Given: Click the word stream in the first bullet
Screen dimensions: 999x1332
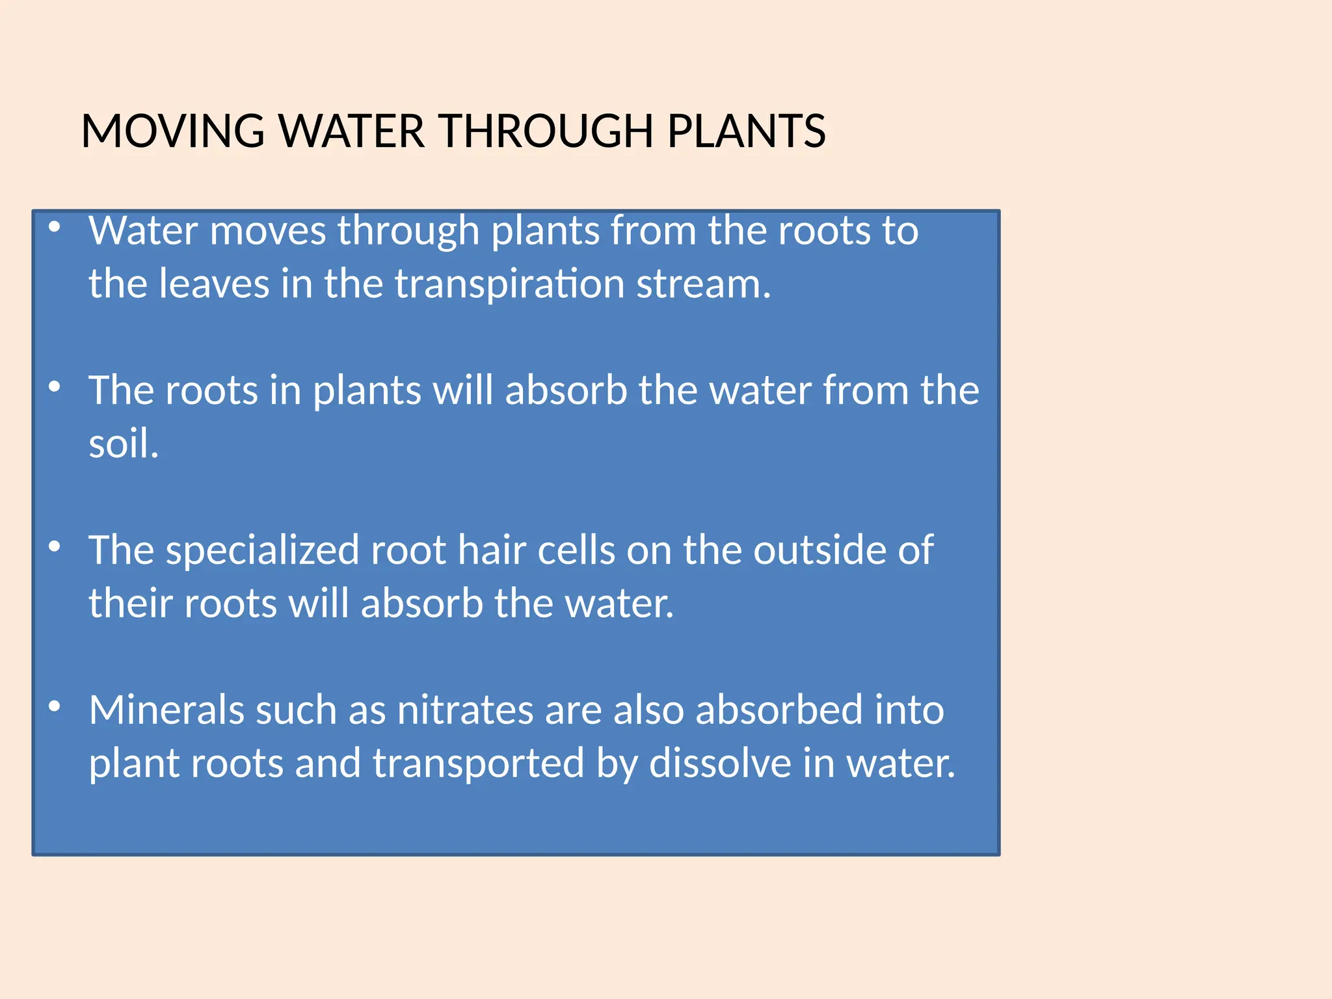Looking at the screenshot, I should pos(703,284).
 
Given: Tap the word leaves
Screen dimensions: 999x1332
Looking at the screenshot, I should pos(214,284).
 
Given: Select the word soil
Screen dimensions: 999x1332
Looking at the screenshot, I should pos(123,444).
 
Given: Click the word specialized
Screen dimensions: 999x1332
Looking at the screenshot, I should pos(262,550).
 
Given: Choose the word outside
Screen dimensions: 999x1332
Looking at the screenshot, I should pos(820,550).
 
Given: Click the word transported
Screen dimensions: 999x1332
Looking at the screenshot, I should pos(479,764).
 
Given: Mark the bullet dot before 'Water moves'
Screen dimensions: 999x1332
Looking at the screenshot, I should pos(55,227).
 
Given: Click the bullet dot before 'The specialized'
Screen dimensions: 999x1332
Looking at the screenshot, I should pos(55,546).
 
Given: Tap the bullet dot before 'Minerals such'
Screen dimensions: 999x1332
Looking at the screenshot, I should pos(55,706).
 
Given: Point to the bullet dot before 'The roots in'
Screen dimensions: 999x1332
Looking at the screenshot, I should pos(55,386).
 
